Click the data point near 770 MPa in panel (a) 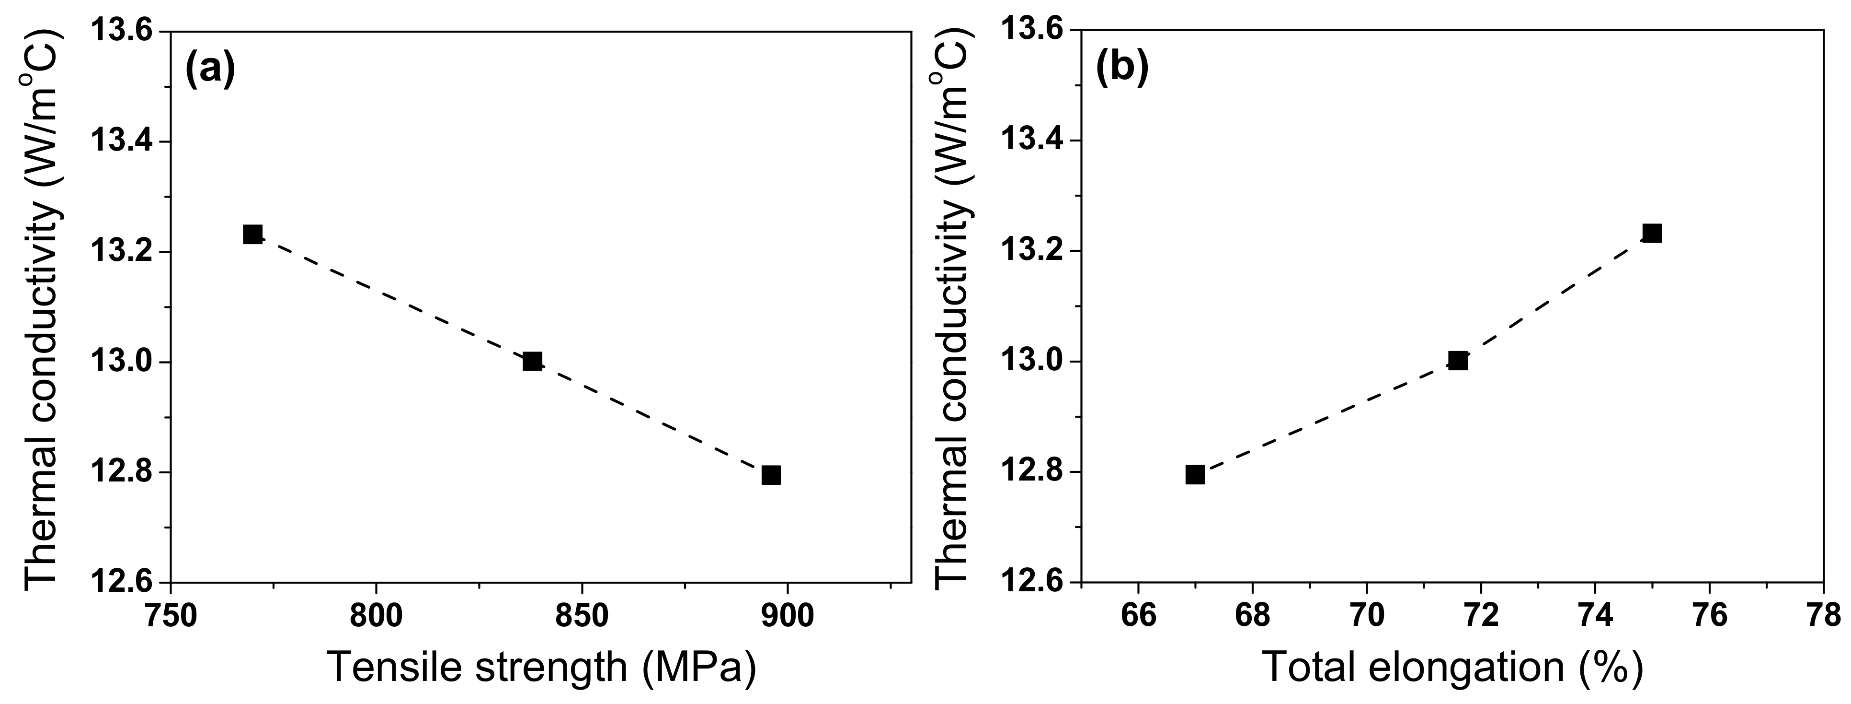coord(252,235)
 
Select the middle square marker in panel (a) coord(533,361)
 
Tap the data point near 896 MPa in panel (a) coord(771,475)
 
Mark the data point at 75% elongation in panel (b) coord(1652,233)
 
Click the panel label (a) coord(210,70)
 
